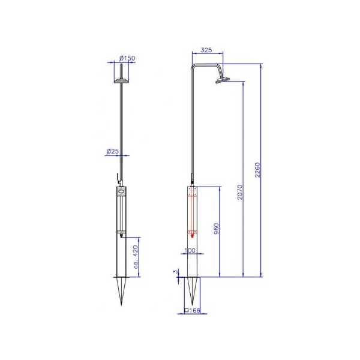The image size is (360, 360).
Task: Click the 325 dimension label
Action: pyautogui.click(x=206, y=50)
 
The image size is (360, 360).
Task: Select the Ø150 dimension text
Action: pyautogui.click(x=127, y=58)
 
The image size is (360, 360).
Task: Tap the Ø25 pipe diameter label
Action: pyautogui.click(x=113, y=151)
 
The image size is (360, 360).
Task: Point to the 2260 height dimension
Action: pyautogui.click(x=257, y=170)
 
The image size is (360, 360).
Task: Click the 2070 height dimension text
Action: pyautogui.click(x=240, y=192)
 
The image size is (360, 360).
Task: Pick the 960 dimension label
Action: pyautogui.click(x=216, y=229)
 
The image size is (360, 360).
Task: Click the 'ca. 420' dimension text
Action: pyautogui.click(x=136, y=257)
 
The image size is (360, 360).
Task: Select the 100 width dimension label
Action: pyautogui.click(x=190, y=250)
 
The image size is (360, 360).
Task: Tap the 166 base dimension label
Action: pyautogui.click(x=194, y=311)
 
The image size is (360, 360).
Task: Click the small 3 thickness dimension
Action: pyautogui.click(x=175, y=272)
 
